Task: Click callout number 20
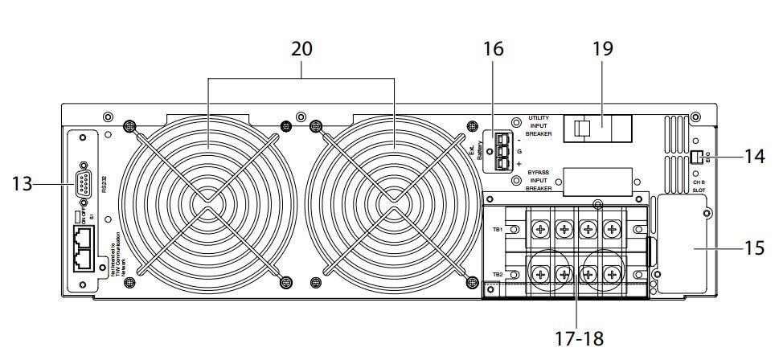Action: (x=301, y=49)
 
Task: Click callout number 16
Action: (x=494, y=49)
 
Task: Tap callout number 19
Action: (x=601, y=49)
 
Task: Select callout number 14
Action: (x=754, y=156)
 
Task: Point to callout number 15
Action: (x=754, y=249)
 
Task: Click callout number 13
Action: (x=23, y=185)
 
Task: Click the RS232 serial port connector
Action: (x=86, y=185)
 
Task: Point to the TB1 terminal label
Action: (x=498, y=229)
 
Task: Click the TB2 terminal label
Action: (x=498, y=275)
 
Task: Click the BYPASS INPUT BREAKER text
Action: (x=539, y=181)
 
